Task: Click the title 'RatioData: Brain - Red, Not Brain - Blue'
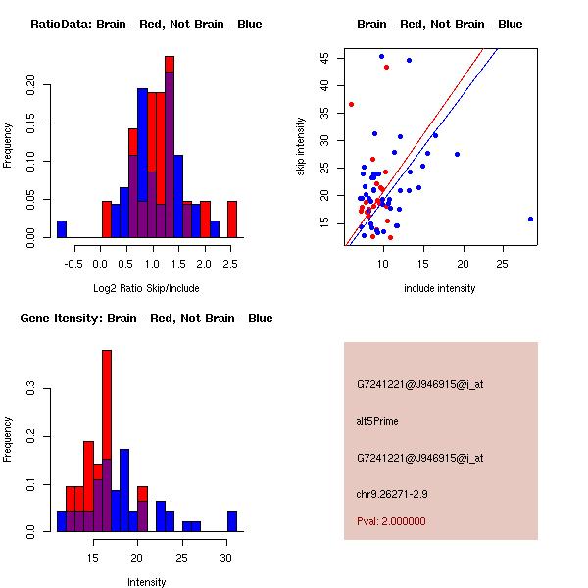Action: tap(146, 24)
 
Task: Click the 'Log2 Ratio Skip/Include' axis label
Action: tap(146, 288)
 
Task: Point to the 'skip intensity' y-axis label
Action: tap(302, 147)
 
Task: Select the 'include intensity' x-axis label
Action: tap(440, 288)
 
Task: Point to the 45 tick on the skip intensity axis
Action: tap(323, 57)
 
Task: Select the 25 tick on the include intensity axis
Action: tap(502, 263)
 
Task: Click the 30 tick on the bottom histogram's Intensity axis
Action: tap(226, 557)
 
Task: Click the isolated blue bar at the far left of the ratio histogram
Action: tap(62, 229)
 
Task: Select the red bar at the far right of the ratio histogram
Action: tap(232, 220)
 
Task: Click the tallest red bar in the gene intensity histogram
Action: tap(107, 441)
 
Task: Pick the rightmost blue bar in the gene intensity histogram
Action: tap(232, 521)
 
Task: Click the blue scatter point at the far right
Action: tap(530, 219)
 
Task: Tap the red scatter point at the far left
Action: tap(351, 104)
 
